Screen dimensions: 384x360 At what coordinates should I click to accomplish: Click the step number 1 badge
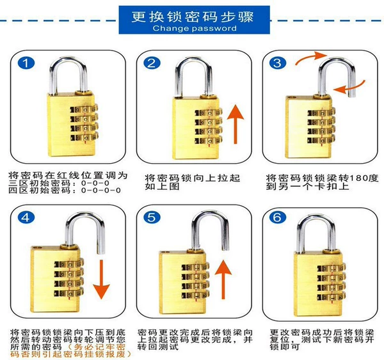click(26, 63)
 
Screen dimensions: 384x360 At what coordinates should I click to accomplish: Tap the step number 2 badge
click(152, 63)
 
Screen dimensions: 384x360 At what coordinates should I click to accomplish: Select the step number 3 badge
click(278, 63)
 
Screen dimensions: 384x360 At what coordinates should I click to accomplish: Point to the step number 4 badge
click(26, 217)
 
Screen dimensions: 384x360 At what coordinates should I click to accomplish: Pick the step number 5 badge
click(152, 217)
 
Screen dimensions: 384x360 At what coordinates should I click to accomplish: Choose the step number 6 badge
click(277, 217)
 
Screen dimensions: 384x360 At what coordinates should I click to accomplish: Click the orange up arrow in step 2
click(236, 124)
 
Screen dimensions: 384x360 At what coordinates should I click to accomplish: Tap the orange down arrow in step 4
click(101, 279)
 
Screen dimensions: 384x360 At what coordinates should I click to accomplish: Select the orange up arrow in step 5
click(223, 279)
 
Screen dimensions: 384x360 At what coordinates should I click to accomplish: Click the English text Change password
click(195, 28)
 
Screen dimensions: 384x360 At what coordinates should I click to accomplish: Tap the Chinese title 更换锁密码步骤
click(193, 17)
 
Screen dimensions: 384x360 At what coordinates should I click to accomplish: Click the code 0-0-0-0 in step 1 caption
click(101, 191)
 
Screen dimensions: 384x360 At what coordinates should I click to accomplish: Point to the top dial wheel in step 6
click(332, 268)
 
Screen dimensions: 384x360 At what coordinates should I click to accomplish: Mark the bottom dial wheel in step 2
click(209, 141)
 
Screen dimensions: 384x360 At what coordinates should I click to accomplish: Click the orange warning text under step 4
click(71, 350)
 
